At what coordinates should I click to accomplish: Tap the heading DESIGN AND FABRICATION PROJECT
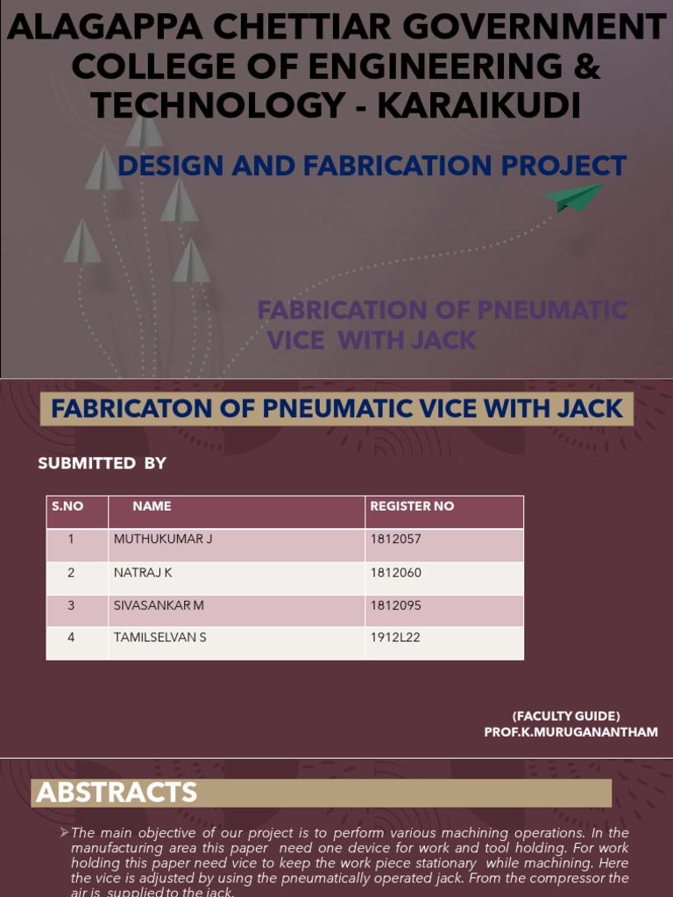pyautogui.click(x=372, y=166)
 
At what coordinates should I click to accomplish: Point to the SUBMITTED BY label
pyautogui.click(x=102, y=463)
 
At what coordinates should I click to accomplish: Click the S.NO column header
pyautogui.click(x=67, y=506)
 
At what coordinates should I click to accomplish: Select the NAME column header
pyautogui.click(x=152, y=506)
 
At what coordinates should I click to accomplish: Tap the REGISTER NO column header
pyautogui.click(x=412, y=506)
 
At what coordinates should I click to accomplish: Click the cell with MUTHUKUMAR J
pyautogui.click(x=163, y=540)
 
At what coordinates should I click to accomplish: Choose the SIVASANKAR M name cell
pyautogui.click(x=159, y=605)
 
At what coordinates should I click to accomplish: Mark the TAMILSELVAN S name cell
pyautogui.click(x=160, y=638)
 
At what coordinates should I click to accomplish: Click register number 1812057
pyautogui.click(x=395, y=540)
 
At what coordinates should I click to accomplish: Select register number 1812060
pyautogui.click(x=395, y=573)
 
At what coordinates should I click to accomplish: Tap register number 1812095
pyautogui.click(x=395, y=605)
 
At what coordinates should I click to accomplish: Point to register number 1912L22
pyautogui.click(x=395, y=638)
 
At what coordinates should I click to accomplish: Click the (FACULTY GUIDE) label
pyautogui.click(x=566, y=716)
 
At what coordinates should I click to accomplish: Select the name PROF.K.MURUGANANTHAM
pyautogui.click(x=570, y=732)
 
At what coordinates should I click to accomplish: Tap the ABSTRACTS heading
pyautogui.click(x=117, y=793)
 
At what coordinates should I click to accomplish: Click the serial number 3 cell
pyautogui.click(x=71, y=605)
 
